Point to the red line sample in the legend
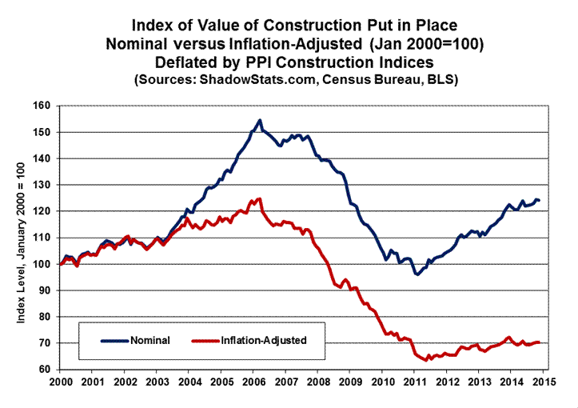205,340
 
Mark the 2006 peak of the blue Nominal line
260,121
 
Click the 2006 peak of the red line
259,198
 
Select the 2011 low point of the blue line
417,274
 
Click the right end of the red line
540,342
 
